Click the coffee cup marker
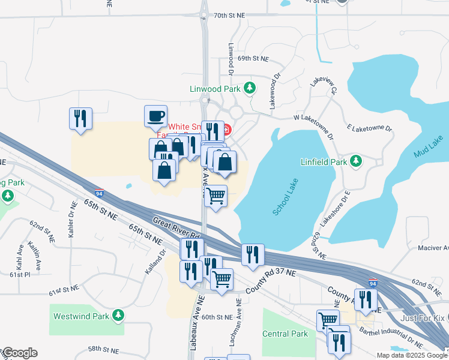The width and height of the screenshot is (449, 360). tap(155, 116)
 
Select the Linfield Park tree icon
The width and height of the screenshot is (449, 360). tap(356, 161)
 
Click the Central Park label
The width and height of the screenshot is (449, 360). tap(285, 334)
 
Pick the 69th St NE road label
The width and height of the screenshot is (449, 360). tap(253, 59)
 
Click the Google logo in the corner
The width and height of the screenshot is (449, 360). tap(19, 353)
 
